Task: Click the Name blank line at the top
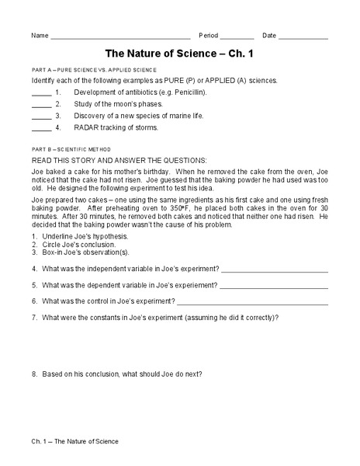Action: tap(120, 38)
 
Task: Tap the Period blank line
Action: tap(237, 38)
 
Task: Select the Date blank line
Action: tap(303, 38)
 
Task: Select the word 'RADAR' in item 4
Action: tap(87, 127)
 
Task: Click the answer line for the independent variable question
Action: tap(274, 270)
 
